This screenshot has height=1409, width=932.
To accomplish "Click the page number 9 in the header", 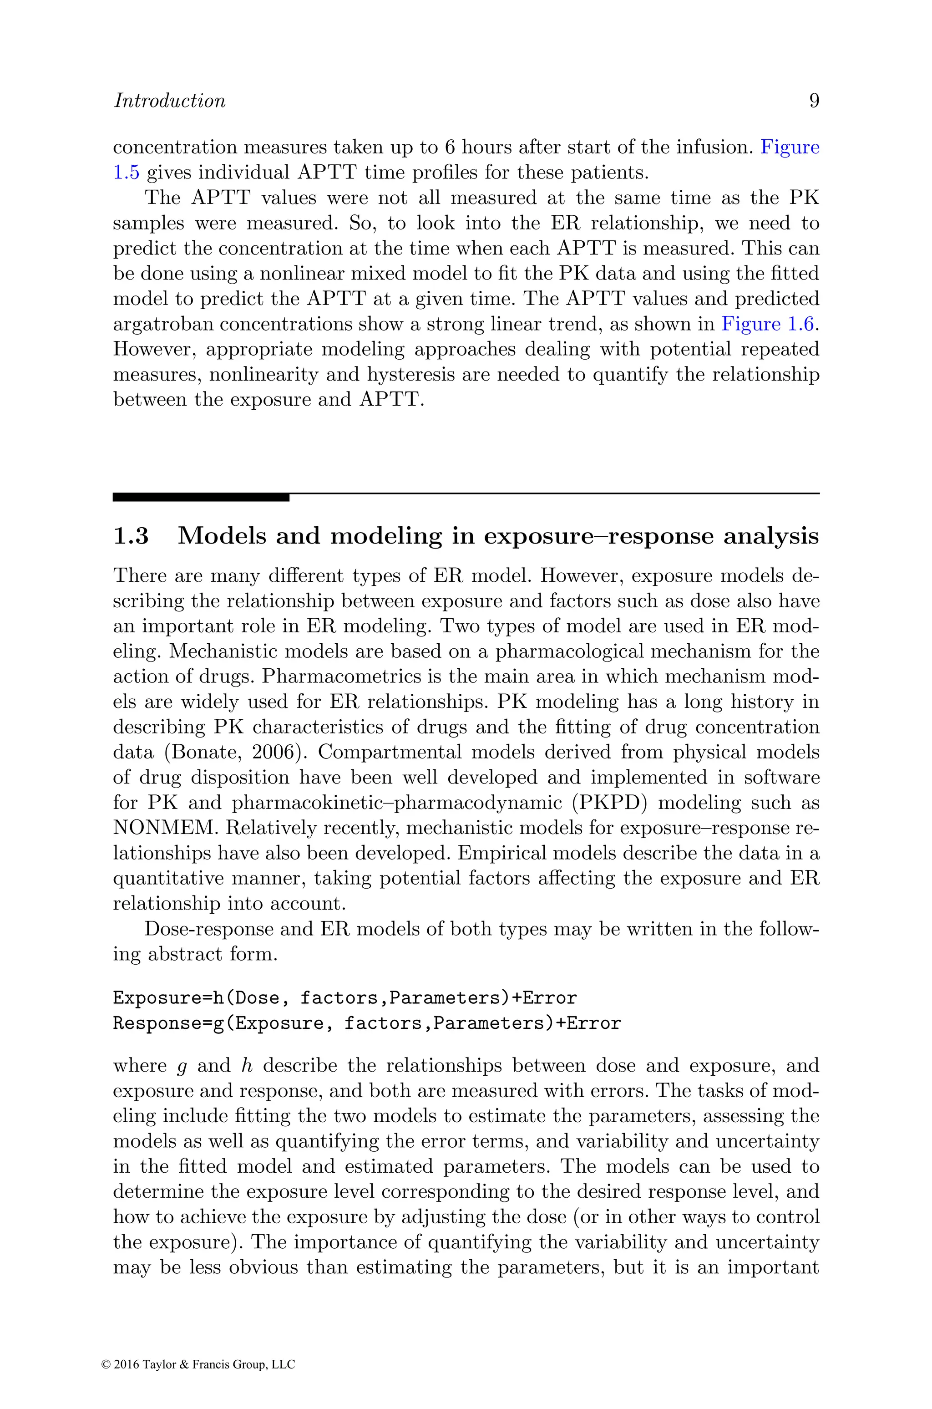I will [814, 101].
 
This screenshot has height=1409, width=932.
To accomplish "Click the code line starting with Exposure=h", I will [345, 997].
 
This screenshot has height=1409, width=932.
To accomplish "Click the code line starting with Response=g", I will [367, 1023].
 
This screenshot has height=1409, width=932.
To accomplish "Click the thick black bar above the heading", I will [201, 497].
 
